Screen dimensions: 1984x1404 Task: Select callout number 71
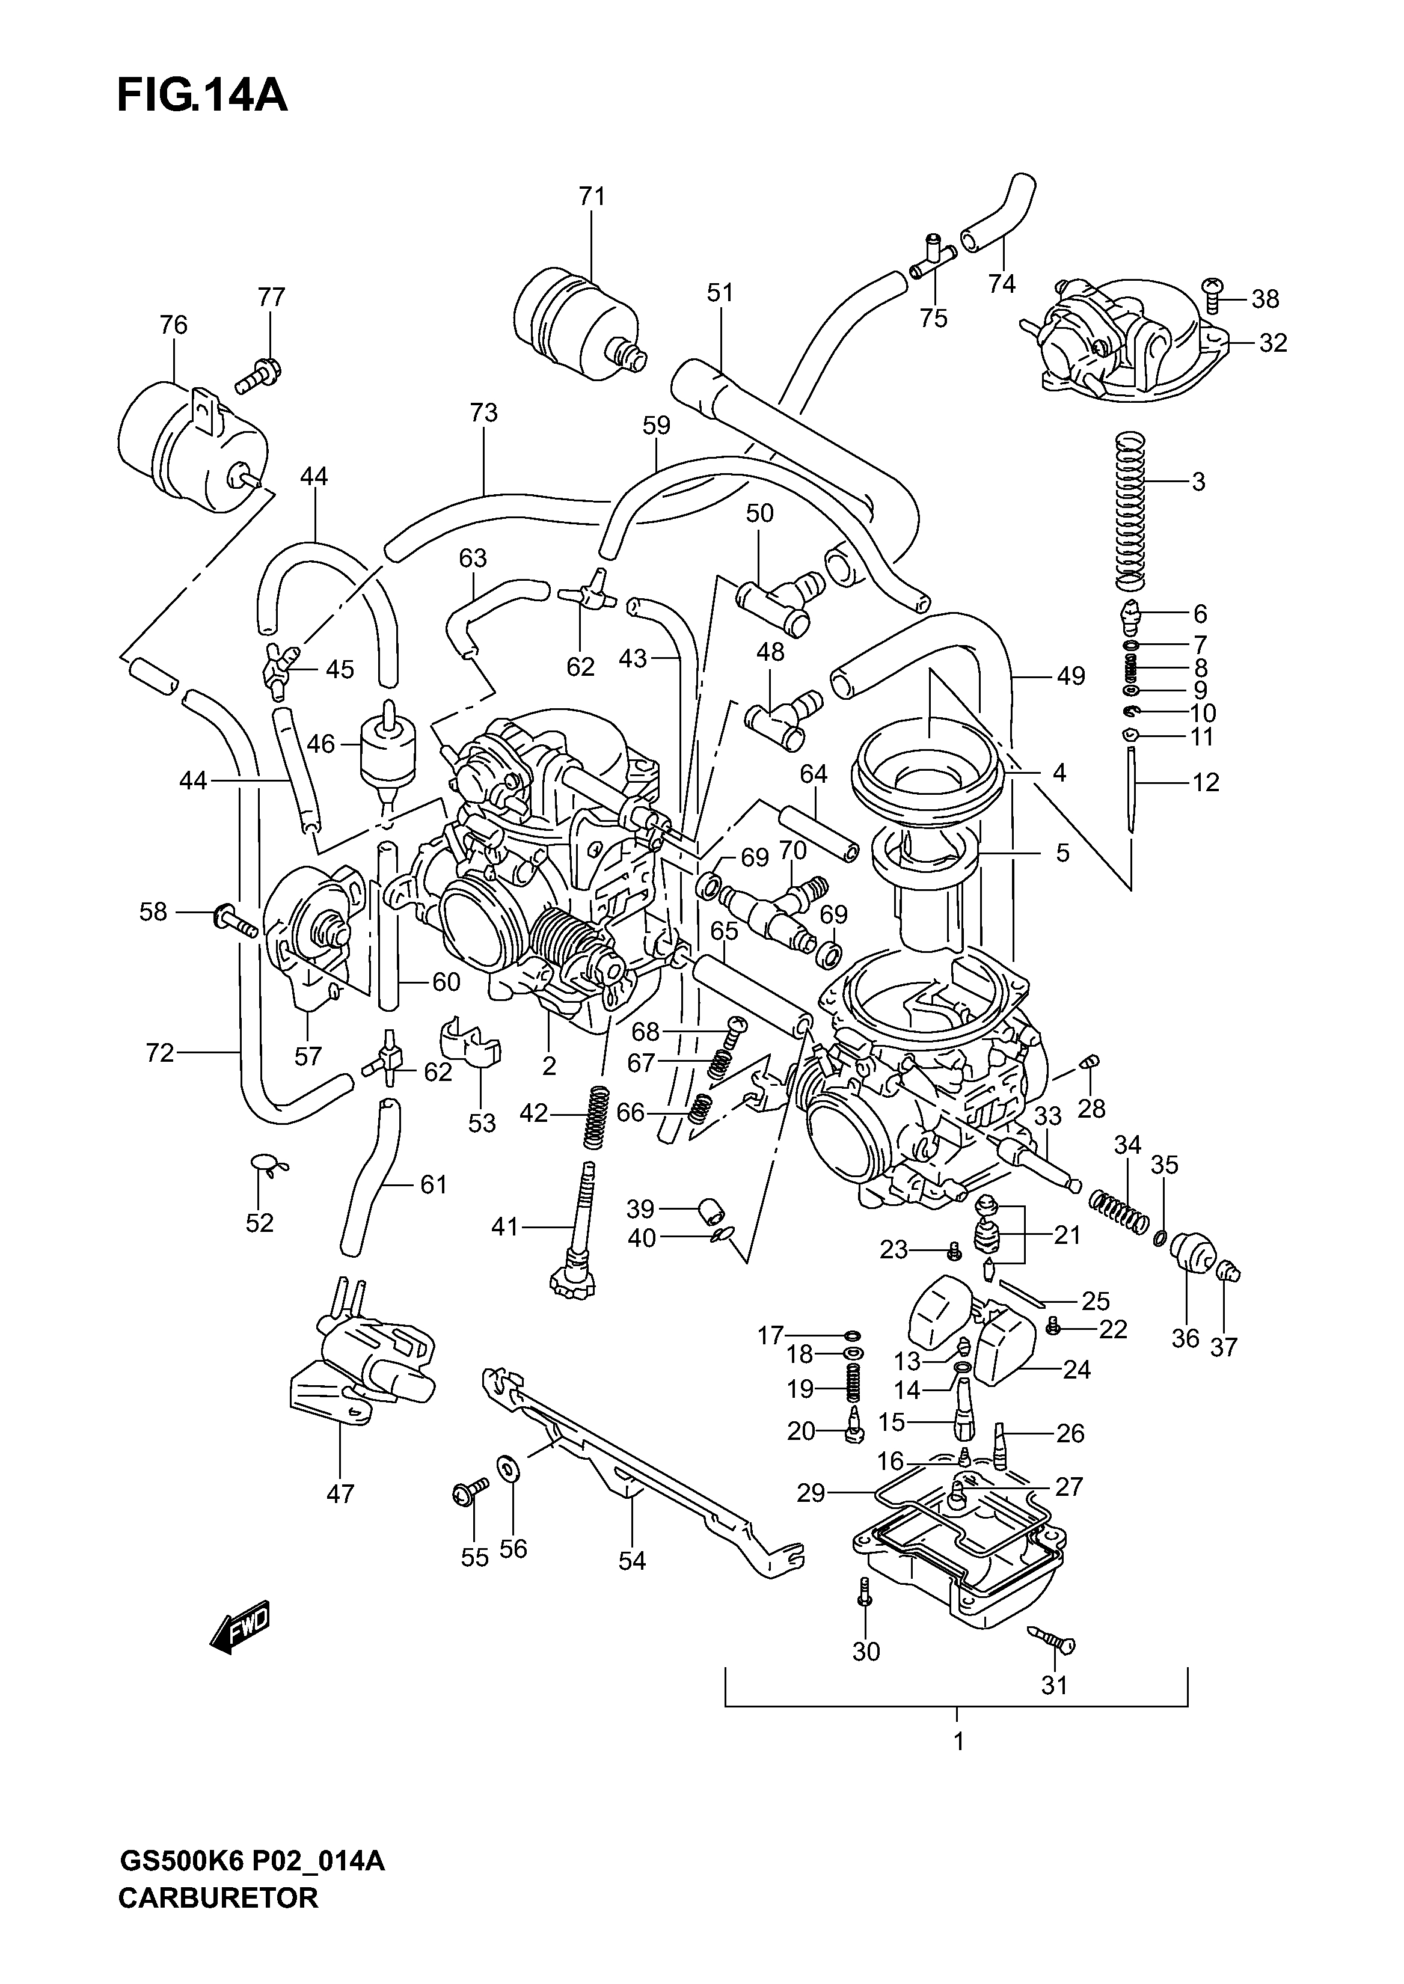point(592,197)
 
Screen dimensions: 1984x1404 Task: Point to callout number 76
point(173,325)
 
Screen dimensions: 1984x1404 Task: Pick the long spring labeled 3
point(1130,510)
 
